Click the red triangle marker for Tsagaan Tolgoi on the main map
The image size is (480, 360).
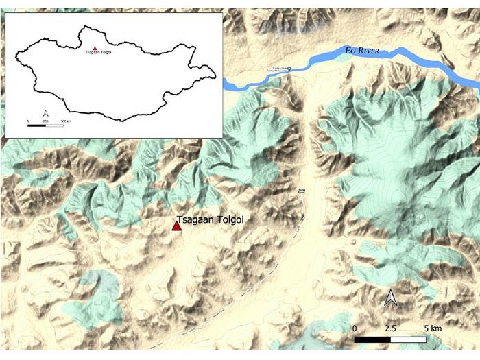point(176,225)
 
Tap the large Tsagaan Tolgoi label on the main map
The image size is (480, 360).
point(211,220)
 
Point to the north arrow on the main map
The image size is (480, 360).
point(390,298)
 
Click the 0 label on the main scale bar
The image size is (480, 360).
point(355,328)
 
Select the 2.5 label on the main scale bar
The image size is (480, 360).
point(390,328)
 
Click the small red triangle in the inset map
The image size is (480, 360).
point(95,48)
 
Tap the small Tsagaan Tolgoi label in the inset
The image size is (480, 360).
point(98,53)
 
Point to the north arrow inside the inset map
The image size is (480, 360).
point(45,112)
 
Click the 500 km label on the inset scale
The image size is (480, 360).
point(67,121)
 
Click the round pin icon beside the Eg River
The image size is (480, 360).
point(288,68)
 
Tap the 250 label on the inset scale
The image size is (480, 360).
point(45,121)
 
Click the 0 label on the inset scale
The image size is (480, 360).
point(28,121)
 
